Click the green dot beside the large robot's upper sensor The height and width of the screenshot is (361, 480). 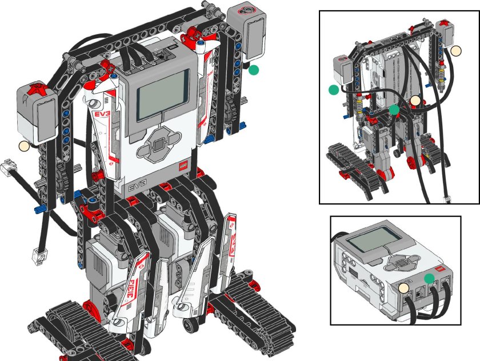coord(254,70)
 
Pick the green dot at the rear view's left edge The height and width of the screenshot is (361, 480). coord(334,90)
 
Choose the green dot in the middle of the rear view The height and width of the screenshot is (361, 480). coord(394,109)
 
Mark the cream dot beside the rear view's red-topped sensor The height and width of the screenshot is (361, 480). coord(455,51)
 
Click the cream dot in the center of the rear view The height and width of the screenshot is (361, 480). coord(415,101)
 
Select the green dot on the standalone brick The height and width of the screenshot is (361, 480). coord(430,278)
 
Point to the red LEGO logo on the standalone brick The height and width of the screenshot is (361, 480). coord(440,268)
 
